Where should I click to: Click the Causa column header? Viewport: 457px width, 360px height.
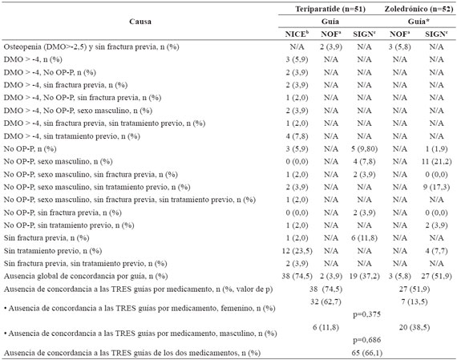(140, 22)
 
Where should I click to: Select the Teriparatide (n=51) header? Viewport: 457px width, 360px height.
(330, 9)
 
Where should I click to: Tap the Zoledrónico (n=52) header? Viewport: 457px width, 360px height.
(419, 9)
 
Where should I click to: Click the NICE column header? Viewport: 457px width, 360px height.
(297, 34)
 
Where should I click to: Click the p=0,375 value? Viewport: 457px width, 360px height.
(366, 314)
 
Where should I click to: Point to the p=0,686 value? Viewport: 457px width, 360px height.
(366, 340)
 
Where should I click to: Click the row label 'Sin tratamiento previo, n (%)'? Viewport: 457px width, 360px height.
(53, 251)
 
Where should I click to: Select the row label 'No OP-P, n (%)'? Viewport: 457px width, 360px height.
(30, 149)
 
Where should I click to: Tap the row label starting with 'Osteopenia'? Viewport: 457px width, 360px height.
(91, 47)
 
